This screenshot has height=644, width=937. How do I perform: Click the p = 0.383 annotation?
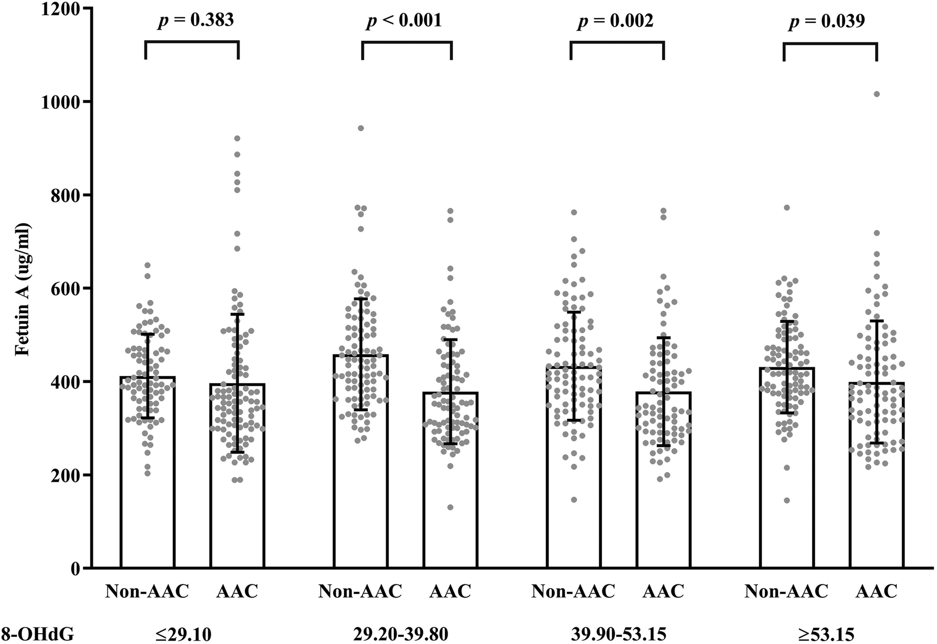(196, 21)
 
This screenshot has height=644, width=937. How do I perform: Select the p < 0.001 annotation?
(404, 21)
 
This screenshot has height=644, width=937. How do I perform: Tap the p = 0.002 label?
(615, 21)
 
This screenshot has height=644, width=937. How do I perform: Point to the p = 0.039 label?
(827, 21)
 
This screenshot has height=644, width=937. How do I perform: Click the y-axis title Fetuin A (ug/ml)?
(23, 288)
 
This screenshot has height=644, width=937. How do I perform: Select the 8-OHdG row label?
(37, 633)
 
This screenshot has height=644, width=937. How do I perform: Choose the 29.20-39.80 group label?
(400, 633)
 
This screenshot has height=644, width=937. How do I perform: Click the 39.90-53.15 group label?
(618, 633)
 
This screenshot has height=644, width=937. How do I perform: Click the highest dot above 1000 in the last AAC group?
(876, 94)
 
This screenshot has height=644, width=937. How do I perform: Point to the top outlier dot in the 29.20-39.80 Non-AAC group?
(360, 128)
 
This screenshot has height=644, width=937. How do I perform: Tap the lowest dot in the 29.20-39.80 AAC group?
(450, 507)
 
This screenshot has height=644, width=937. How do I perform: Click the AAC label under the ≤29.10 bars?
(237, 591)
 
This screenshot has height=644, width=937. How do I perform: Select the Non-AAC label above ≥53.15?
(786, 591)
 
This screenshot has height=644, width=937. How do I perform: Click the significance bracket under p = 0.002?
(617, 42)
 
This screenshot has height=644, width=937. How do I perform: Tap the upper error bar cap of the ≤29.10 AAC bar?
(237, 314)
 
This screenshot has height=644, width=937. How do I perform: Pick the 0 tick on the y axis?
(76, 569)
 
